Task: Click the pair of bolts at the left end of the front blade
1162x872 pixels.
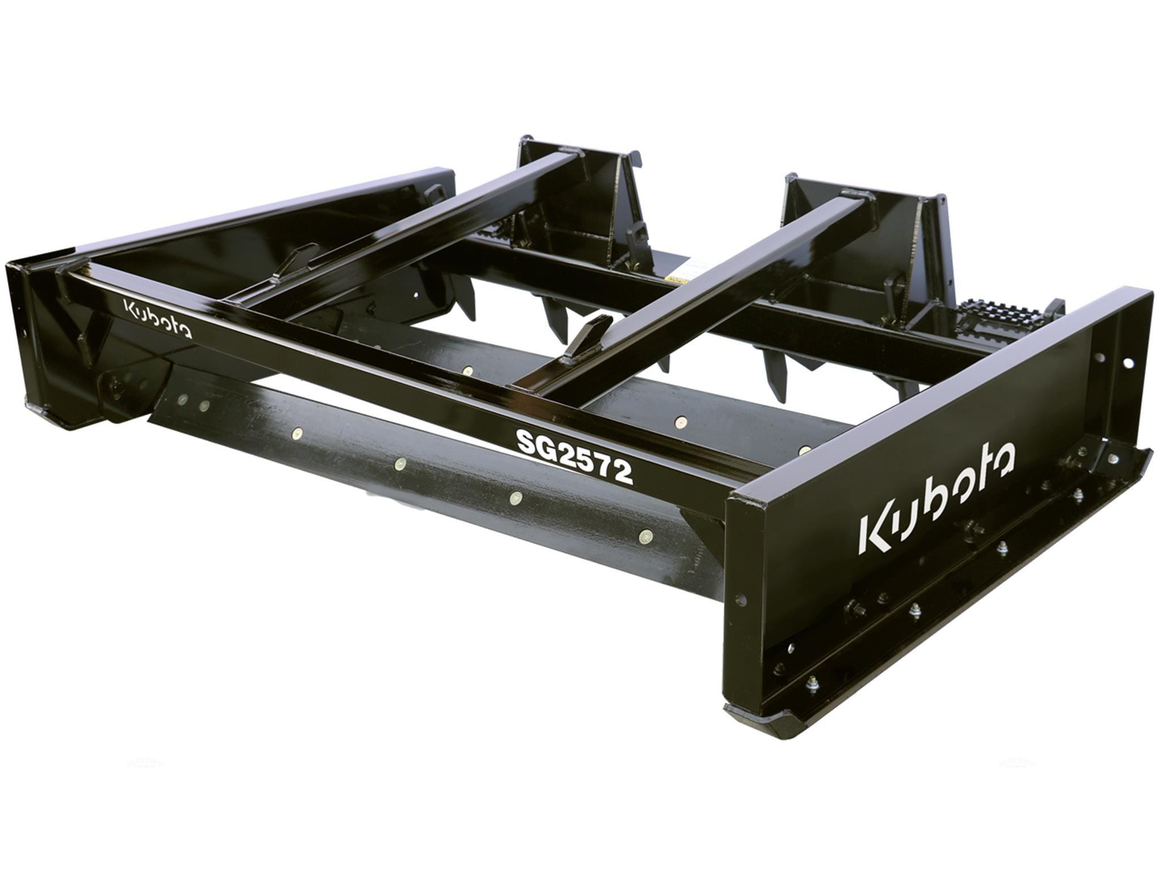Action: pos(193,404)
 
